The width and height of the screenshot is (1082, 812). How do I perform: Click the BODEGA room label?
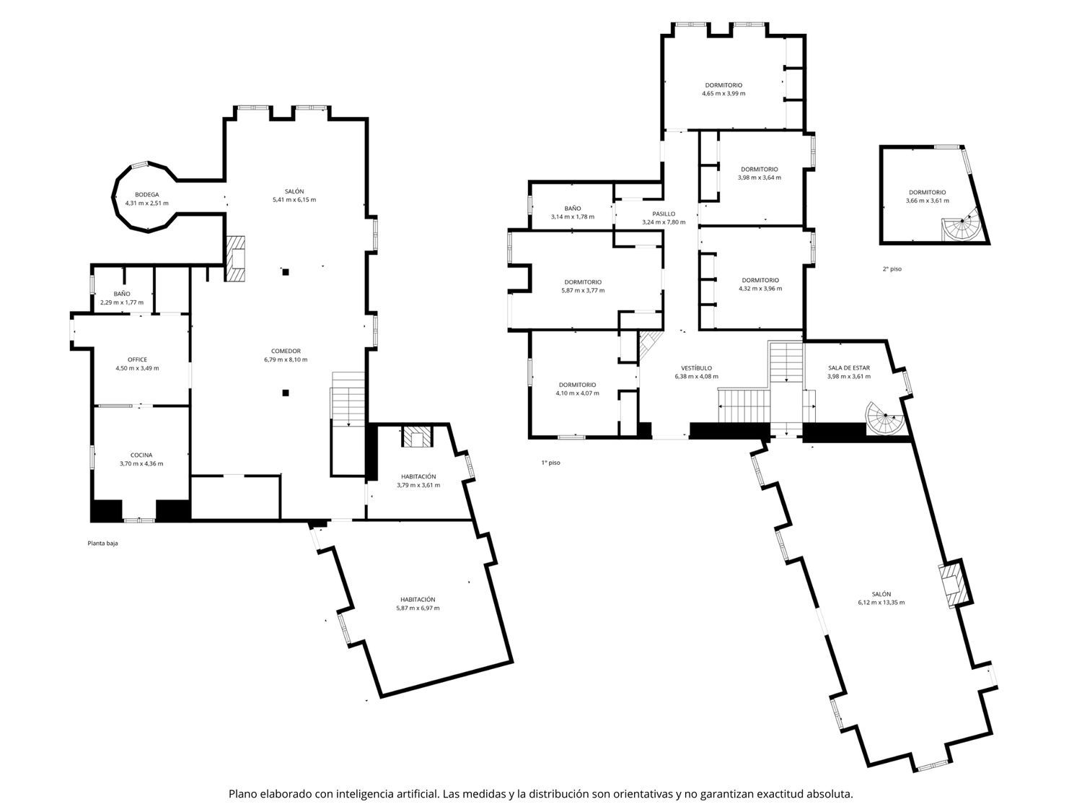click(x=147, y=195)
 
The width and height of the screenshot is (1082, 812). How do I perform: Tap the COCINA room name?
click(x=141, y=455)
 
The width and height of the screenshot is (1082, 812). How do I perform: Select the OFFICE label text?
click(x=138, y=359)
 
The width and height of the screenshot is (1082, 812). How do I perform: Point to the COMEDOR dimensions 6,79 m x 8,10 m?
click(x=286, y=359)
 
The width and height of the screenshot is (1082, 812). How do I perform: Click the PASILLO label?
click(x=664, y=214)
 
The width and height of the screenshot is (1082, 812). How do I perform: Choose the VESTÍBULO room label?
click(x=697, y=368)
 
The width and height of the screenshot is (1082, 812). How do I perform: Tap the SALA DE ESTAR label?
click(x=849, y=368)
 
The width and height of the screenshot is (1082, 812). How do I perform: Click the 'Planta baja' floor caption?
click(x=102, y=543)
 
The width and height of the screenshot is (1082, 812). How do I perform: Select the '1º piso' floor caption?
click(x=550, y=463)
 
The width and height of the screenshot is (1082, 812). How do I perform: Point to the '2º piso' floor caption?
click(x=892, y=269)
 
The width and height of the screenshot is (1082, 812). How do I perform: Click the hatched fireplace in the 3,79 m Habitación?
click(x=417, y=437)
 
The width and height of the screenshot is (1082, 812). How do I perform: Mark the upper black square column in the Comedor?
click(x=286, y=271)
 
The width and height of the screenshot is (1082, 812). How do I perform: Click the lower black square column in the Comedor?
click(x=286, y=393)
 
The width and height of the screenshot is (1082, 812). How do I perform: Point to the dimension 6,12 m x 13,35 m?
click(x=881, y=602)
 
